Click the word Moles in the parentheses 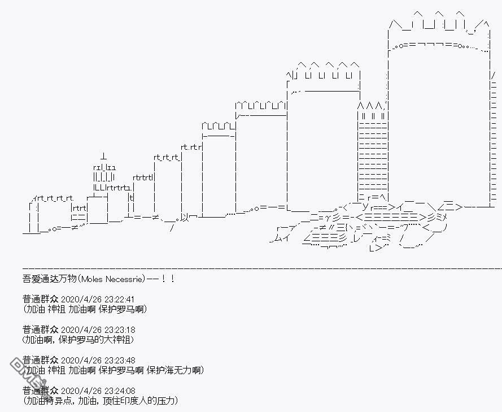tap(92, 279)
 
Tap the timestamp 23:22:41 tap(119, 300)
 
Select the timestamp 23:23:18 tap(119, 330)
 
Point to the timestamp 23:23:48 tap(120, 361)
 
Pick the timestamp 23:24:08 tap(120, 391)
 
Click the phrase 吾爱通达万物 tap(50, 279)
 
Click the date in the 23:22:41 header tap(81, 300)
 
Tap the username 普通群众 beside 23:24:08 tap(40, 391)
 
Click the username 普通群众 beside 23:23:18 tap(40, 329)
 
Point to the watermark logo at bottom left tap(28, 373)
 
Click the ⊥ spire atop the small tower tap(103, 157)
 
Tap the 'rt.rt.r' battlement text tap(191, 147)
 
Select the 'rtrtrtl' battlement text tap(143, 177)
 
